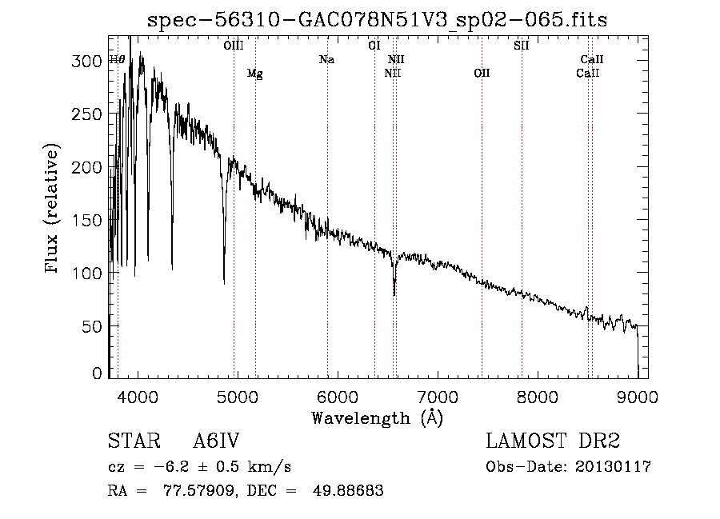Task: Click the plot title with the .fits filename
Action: (x=377, y=20)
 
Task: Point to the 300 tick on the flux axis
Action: (x=86, y=61)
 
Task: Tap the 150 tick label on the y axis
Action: (x=86, y=220)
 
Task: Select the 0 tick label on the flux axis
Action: (x=97, y=373)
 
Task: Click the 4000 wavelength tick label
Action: (x=138, y=397)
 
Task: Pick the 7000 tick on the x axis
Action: (x=438, y=397)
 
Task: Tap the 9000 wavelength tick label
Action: (x=638, y=397)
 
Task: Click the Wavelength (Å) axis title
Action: (x=377, y=418)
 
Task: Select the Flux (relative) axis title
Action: (x=51, y=208)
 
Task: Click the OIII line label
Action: (x=234, y=46)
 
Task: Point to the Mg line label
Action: (x=255, y=74)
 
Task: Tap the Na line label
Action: (x=327, y=60)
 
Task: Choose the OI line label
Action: (x=374, y=46)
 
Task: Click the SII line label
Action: (x=521, y=46)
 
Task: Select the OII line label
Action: (x=482, y=73)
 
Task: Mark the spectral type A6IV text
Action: (x=216, y=441)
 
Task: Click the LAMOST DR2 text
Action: (x=553, y=441)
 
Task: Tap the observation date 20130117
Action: (x=613, y=467)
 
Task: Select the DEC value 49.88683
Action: (x=348, y=490)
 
